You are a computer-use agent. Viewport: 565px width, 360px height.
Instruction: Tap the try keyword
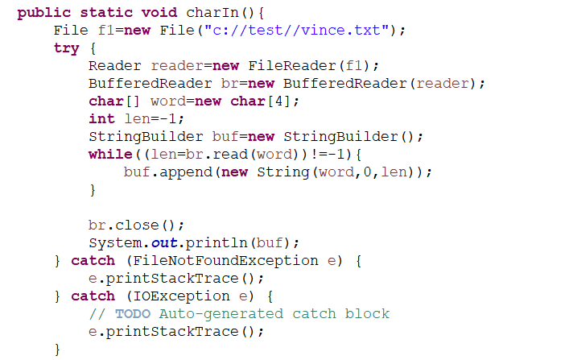[x=67, y=48]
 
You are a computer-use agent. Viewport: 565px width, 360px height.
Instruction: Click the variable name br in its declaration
[x=229, y=84]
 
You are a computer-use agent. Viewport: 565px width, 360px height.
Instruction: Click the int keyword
[x=101, y=119]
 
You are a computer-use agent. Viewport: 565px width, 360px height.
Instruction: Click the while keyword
[x=110, y=155]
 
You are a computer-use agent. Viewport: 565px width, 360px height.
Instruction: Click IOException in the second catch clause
[x=172, y=296]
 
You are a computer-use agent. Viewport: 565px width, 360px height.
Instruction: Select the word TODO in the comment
[x=133, y=314]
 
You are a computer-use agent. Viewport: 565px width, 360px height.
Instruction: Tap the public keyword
[x=44, y=13]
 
